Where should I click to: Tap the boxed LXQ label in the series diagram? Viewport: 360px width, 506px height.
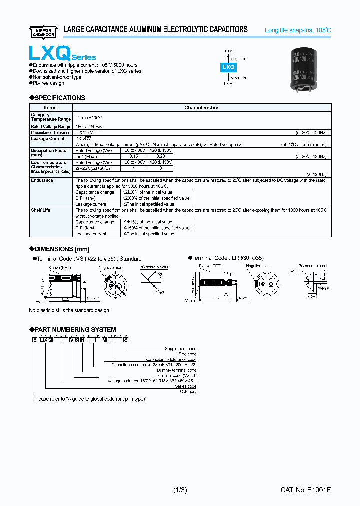(x=228, y=67)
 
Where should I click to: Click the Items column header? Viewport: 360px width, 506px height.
(x=50, y=108)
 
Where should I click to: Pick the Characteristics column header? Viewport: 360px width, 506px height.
(x=202, y=108)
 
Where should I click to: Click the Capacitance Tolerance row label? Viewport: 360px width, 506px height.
(x=51, y=133)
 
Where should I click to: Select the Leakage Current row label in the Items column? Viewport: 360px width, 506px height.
(x=48, y=139)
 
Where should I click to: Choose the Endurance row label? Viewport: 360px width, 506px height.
(x=42, y=180)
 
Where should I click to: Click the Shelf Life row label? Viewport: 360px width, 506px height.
(x=41, y=210)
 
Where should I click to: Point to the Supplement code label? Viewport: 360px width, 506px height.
(x=180, y=349)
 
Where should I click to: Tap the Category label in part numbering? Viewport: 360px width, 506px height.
(x=188, y=392)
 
